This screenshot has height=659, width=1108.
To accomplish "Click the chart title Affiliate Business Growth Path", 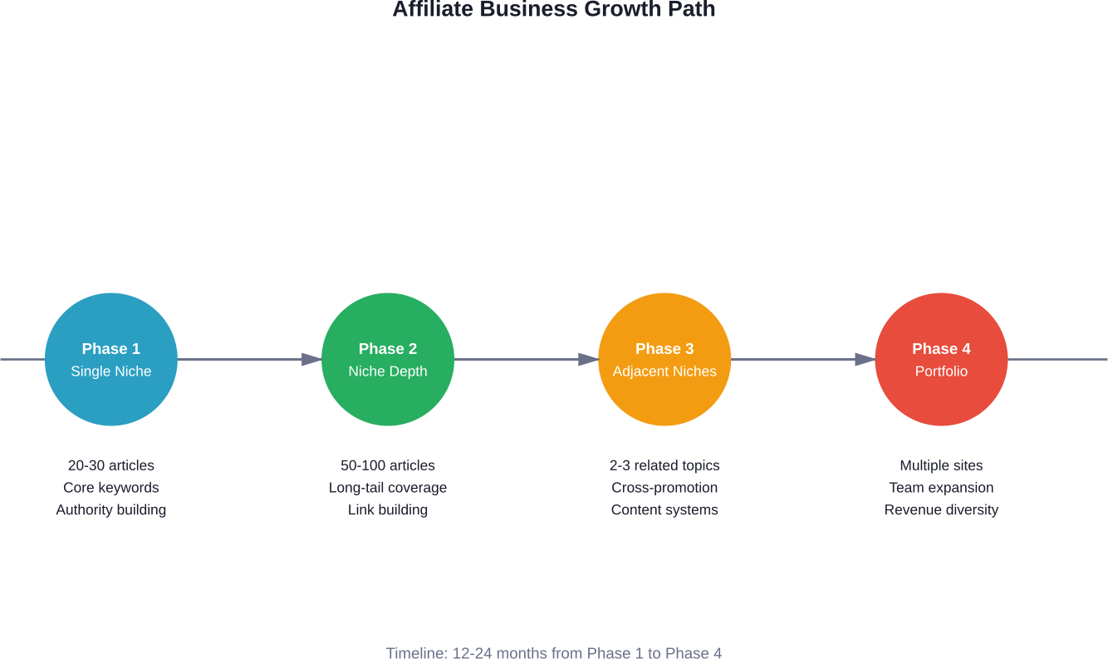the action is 553,9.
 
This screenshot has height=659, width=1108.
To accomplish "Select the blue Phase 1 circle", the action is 111,359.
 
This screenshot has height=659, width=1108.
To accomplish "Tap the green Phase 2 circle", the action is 388,359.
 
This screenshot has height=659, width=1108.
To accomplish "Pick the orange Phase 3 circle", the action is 664,359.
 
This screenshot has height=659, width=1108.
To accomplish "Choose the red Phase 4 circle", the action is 941,359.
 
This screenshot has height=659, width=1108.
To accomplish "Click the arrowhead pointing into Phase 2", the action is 311,359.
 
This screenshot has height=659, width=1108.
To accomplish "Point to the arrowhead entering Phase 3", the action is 588,359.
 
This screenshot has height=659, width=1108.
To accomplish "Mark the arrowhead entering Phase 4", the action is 865,359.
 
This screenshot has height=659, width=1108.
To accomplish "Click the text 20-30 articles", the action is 111,465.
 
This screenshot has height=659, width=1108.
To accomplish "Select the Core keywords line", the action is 111,488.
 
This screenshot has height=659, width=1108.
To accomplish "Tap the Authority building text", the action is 111,509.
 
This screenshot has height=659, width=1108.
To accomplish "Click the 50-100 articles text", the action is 388,465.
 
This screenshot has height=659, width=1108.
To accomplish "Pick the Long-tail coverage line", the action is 388,488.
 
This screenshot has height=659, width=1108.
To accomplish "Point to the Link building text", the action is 388,509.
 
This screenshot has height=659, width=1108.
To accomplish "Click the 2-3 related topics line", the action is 664,465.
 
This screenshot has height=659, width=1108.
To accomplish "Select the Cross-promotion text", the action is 664,488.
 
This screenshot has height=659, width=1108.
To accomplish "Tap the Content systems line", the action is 664,509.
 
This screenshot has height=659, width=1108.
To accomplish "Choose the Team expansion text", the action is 941,488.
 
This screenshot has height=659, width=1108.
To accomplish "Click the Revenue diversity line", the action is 941,509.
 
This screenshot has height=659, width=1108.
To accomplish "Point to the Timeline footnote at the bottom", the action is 553,653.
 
